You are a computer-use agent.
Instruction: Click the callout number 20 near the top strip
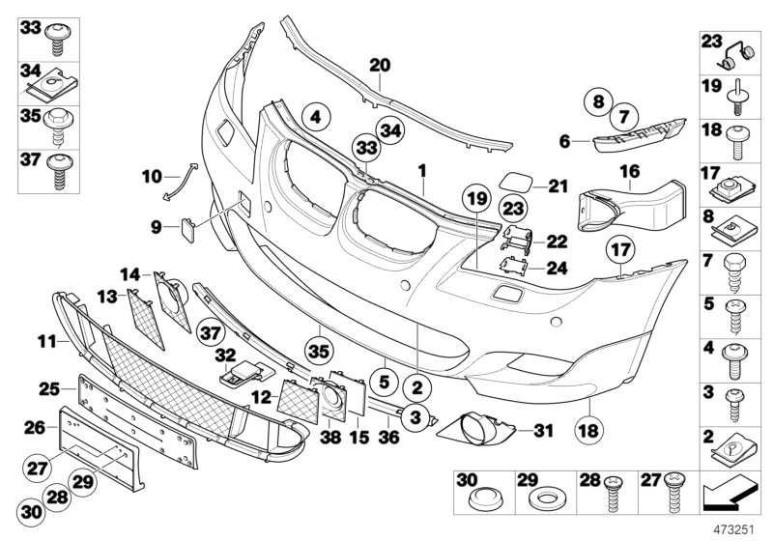[380, 66]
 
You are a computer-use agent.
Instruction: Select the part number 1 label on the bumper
[421, 170]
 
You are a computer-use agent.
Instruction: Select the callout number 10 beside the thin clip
[151, 177]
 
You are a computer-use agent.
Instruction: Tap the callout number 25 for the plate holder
[49, 388]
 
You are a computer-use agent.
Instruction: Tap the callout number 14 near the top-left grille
[129, 273]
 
